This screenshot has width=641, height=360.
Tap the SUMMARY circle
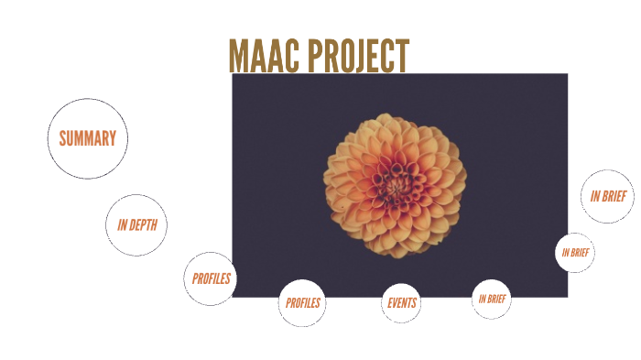click(87, 138)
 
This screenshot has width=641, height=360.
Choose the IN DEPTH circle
click(136, 224)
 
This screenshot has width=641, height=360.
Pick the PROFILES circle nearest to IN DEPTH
click(211, 278)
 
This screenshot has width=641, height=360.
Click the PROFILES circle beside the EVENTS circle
click(302, 302)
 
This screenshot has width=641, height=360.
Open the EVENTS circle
click(401, 302)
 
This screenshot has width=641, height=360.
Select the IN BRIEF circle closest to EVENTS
click(492, 299)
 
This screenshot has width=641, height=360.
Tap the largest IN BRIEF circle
click(607, 196)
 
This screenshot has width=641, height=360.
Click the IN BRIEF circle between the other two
click(575, 252)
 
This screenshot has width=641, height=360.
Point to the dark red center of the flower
click(397, 183)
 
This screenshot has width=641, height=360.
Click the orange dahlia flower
click(396, 183)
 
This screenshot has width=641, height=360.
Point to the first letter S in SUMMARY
click(63, 138)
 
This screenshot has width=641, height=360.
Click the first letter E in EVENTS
click(390, 302)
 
